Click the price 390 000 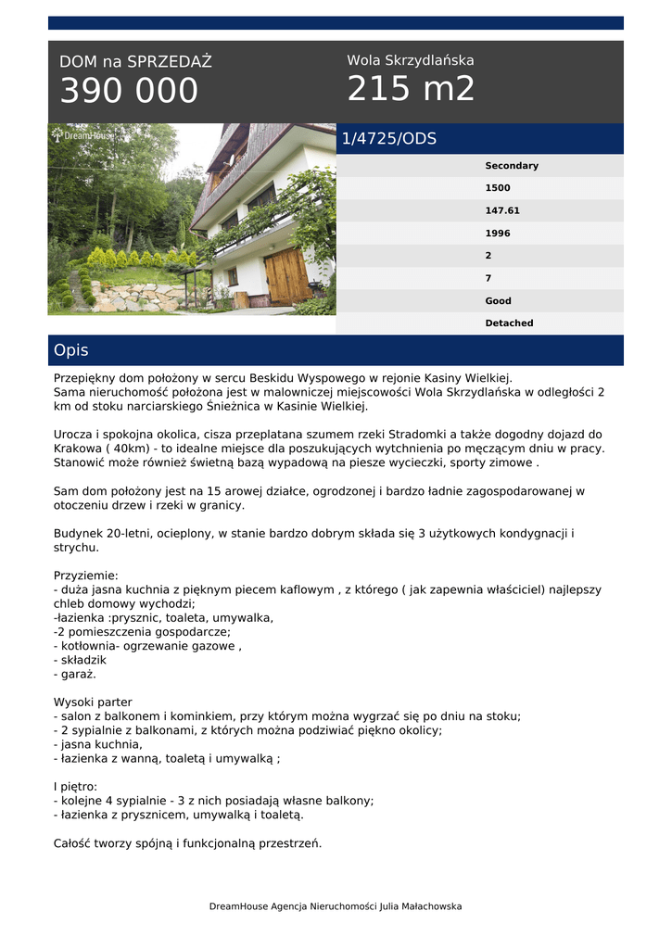129,91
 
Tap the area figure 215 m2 411,89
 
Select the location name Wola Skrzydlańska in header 410,60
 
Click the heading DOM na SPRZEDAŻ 135,62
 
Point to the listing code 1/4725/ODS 388,139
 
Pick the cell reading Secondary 511,166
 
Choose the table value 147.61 502,210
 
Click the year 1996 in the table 498,234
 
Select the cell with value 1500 498,188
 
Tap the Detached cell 509,323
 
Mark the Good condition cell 498,301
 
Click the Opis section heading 71,350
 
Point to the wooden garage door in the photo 286,275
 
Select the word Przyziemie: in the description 86,576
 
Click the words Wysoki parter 93,702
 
